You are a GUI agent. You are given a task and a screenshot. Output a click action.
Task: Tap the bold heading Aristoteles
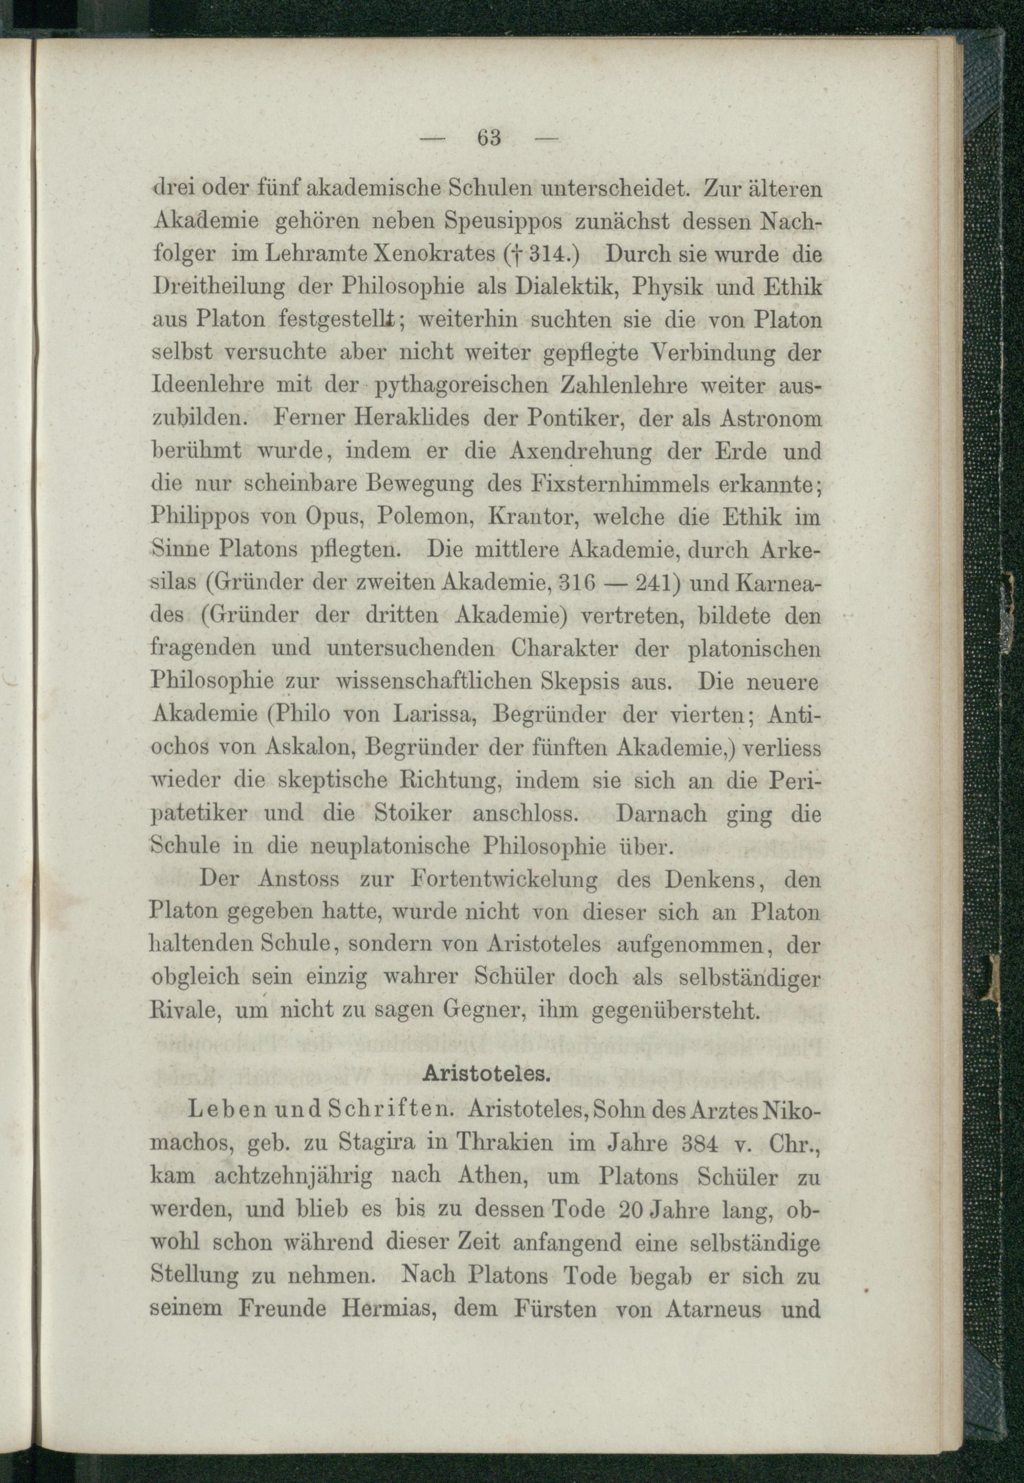coord(487,1076)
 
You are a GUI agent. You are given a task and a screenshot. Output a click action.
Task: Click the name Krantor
coord(535,518)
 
